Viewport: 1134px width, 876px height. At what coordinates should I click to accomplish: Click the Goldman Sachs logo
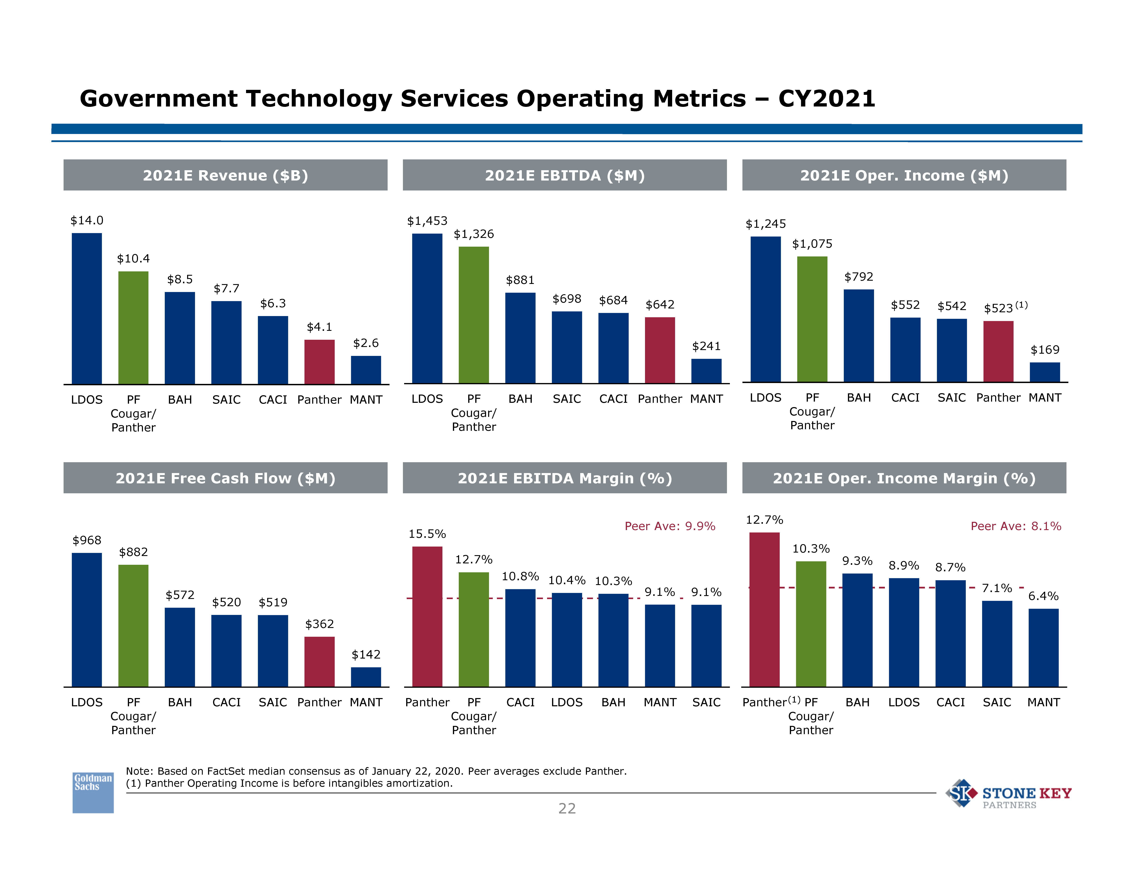coord(93,792)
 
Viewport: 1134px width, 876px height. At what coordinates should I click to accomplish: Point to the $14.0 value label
coord(87,221)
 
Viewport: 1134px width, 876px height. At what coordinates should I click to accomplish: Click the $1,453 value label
coord(427,221)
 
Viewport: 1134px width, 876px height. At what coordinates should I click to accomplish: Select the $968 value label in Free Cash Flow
coord(87,540)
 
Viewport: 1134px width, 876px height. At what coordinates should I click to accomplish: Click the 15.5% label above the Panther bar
coord(427,534)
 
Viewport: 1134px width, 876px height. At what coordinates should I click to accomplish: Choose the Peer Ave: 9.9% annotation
coord(670,526)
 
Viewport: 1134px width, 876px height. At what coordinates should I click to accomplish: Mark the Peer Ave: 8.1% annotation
coord(1016,526)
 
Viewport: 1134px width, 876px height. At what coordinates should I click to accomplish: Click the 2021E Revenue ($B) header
coord(225,175)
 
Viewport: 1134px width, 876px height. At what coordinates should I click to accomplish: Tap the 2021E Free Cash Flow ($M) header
coord(225,478)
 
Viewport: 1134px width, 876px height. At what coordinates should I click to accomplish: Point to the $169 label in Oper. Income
coord(1045,350)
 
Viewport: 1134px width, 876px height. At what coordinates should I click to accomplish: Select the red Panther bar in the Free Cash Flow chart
coord(319,662)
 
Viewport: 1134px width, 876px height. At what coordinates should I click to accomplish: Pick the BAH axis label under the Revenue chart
coord(180,400)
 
